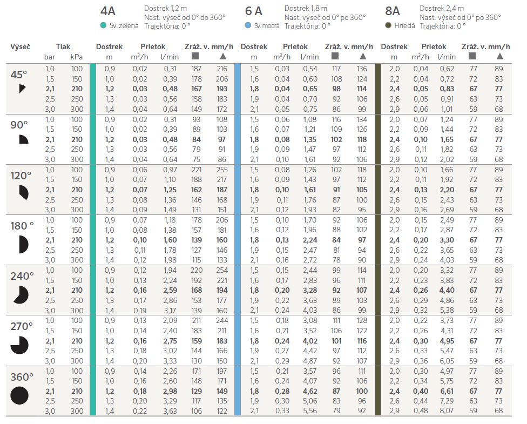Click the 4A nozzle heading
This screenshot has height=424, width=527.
click(107, 11)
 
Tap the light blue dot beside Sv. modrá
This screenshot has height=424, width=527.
click(248, 25)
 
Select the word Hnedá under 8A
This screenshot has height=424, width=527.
click(404, 25)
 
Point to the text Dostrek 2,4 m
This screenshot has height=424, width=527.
click(442, 8)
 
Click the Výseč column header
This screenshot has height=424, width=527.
click(20, 47)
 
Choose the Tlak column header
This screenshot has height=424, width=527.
click(63, 47)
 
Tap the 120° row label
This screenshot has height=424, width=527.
click(21, 176)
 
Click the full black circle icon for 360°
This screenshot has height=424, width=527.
click(19, 395)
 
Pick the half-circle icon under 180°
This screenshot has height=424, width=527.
click(24, 245)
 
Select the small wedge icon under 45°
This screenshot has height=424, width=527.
click(22, 89)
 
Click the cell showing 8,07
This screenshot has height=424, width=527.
click(447, 411)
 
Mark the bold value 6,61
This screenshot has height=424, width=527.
click(447, 391)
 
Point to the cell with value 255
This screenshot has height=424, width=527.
click(222, 170)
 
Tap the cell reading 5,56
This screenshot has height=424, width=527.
click(310, 411)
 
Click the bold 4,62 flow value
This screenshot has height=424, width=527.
click(310, 391)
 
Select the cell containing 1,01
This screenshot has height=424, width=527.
click(447, 109)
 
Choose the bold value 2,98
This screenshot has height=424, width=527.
click(170, 391)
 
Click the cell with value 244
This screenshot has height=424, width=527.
click(222, 320)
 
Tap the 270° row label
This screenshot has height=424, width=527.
click(22, 326)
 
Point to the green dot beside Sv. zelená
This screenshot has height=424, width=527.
click(104, 25)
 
